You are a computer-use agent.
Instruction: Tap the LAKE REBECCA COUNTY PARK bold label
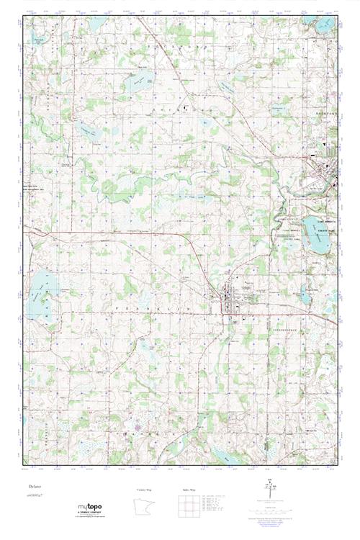click(318, 222)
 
